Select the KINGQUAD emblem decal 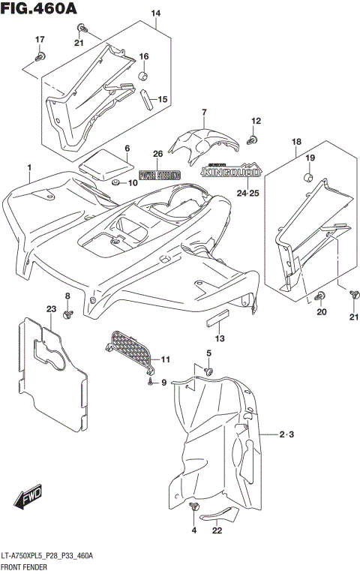click(x=231, y=171)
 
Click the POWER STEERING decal click(x=158, y=175)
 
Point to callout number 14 click(x=156, y=14)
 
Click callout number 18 click(x=296, y=141)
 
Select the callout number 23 click(x=51, y=308)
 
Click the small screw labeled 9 click(x=151, y=383)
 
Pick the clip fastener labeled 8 click(x=67, y=314)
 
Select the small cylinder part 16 click(x=142, y=76)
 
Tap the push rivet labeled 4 click(x=196, y=509)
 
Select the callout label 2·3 click(x=287, y=434)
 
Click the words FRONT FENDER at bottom click(x=23, y=567)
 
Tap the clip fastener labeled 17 click(x=41, y=56)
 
